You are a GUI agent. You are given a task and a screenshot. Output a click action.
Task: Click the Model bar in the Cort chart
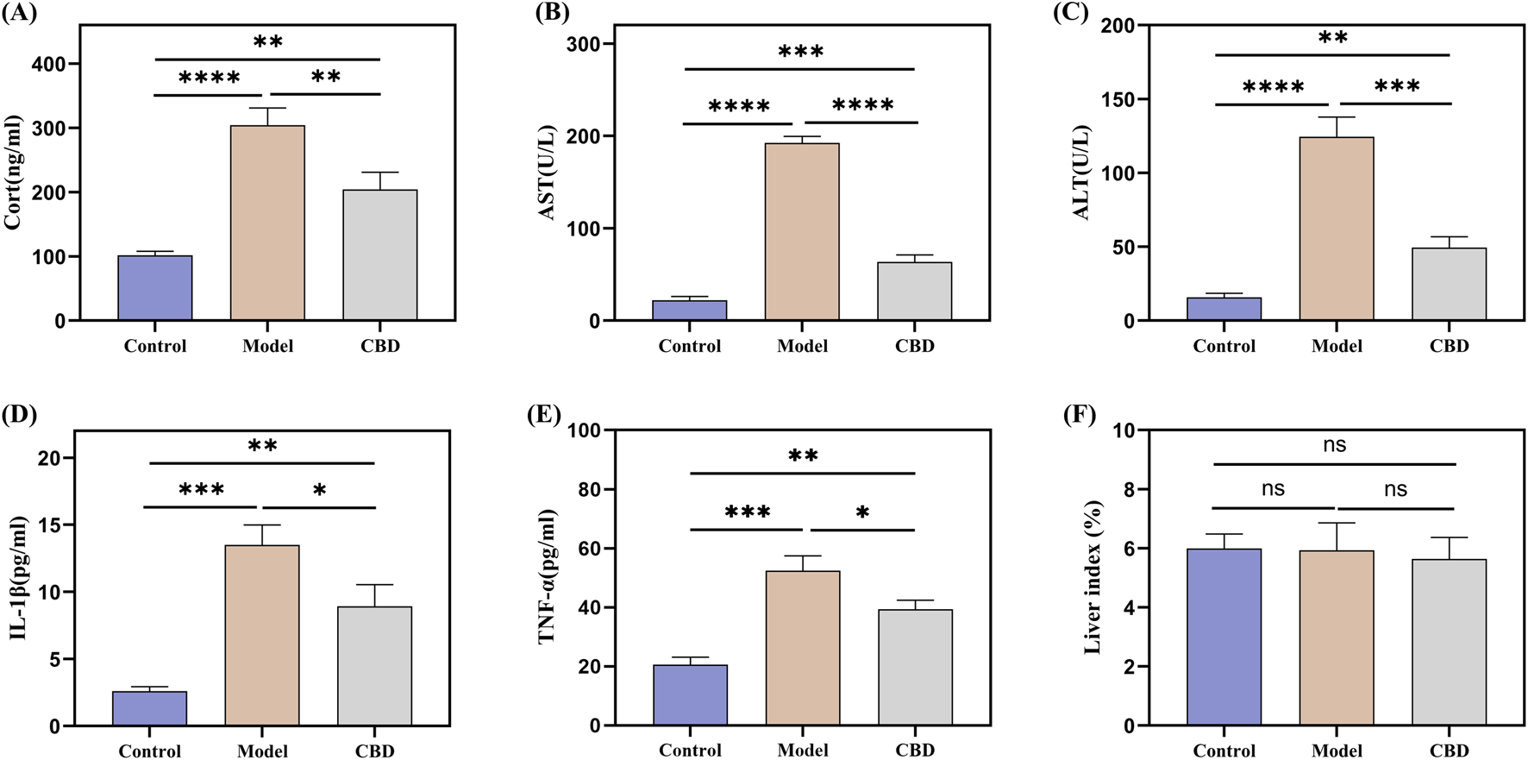coord(267,223)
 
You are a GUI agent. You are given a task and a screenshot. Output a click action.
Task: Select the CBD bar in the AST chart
coord(914,292)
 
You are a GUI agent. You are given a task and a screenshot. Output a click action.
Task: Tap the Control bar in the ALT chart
coord(1224,309)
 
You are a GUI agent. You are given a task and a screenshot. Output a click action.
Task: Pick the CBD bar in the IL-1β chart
coord(374,665)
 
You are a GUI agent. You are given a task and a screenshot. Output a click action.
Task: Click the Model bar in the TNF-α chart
coord(803,647)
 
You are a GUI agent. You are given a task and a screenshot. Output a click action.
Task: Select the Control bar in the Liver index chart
coord(1224,637)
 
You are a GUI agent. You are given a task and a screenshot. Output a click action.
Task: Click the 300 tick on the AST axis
coord(584,44)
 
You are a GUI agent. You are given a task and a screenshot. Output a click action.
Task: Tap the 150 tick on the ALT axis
coord(1118,100)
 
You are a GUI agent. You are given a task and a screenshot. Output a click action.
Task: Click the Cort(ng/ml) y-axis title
coord(13,173)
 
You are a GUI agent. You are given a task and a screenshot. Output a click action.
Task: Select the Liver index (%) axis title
coord(1093,576)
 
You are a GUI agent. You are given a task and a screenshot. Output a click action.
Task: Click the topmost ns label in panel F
coord(1334,445)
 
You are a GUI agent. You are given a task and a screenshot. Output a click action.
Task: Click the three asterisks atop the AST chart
coord(800,53)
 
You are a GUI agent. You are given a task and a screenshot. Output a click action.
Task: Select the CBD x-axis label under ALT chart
coord(1449,346)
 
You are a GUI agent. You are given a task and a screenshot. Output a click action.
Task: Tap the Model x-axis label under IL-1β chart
coord(262,751)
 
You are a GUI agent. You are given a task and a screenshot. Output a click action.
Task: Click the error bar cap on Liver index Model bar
coord(1337,523)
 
